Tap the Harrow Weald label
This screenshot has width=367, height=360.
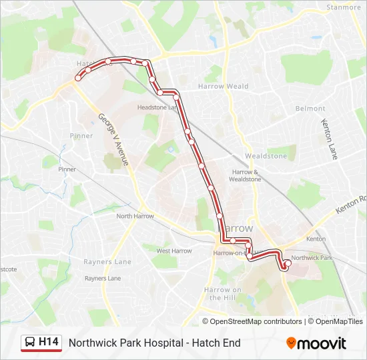click(223, 86)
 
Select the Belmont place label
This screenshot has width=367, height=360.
click(310, 109)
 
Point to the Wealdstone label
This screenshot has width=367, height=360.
click(266, 156)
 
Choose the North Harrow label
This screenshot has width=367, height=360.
click(135, 216)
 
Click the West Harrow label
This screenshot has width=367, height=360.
click(173, 251)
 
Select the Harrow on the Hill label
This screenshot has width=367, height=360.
click(223, 293)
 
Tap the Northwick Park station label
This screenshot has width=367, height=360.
click(312, 257)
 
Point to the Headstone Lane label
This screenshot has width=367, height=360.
click(157, 107)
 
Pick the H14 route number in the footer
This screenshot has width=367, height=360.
click(49, 342)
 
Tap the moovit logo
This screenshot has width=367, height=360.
click(316, 343)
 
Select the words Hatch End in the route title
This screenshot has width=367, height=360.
click(217, 343)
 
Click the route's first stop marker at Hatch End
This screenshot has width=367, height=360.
click(78, 78)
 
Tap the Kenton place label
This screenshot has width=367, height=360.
click(316, 239)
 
